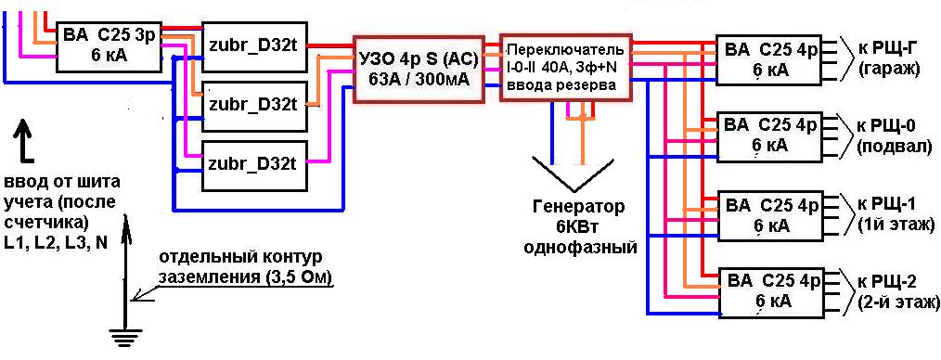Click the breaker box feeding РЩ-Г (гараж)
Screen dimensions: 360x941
770,58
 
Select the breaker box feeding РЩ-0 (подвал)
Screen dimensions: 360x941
770,135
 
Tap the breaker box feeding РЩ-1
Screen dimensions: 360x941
770,213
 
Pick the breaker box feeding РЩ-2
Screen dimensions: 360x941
770,291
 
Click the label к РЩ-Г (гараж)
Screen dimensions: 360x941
887,58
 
